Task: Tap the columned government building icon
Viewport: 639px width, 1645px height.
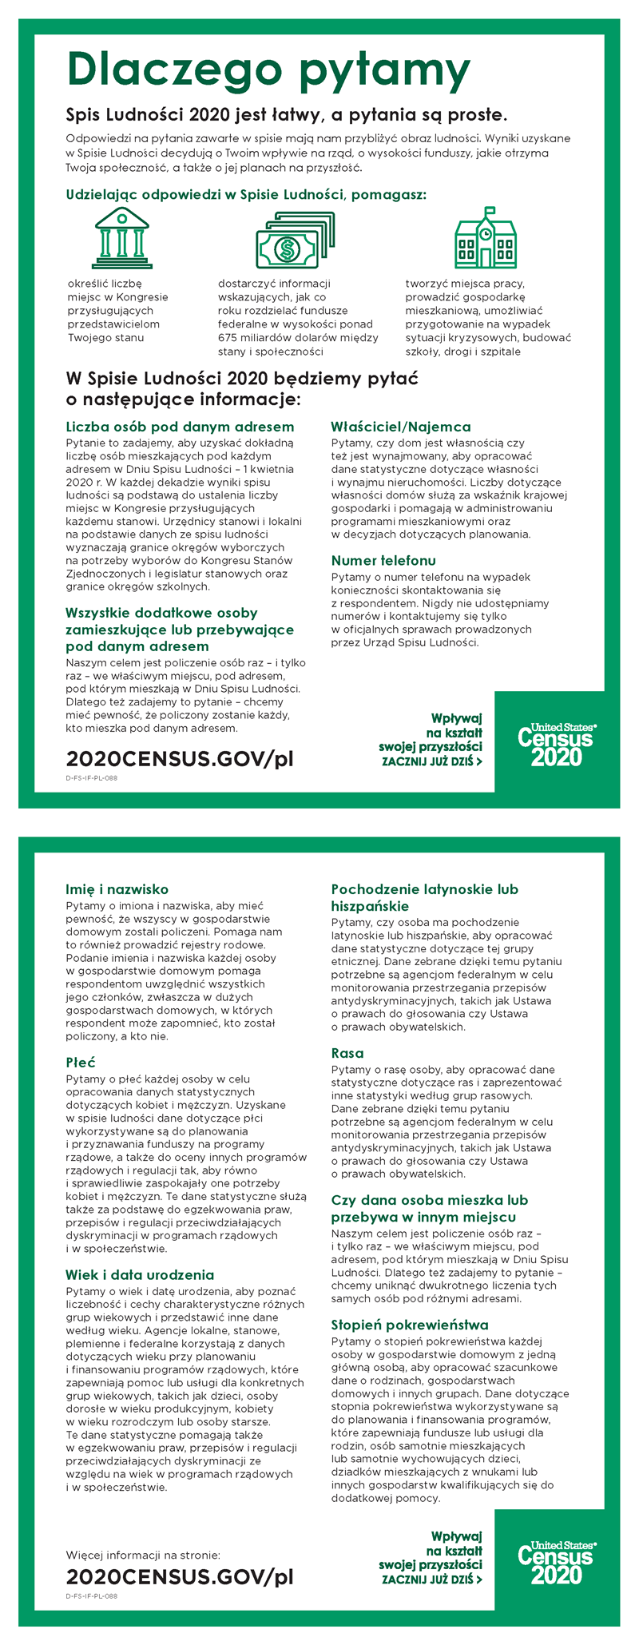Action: [122, 238]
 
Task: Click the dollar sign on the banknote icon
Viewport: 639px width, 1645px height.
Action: [285, 249]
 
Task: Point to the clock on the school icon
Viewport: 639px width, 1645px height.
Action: [485, 233]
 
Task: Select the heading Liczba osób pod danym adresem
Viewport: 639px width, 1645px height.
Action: [180, 427]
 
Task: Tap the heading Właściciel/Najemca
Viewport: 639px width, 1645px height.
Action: [401, 427]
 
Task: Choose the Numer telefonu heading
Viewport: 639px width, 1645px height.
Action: [383, 560]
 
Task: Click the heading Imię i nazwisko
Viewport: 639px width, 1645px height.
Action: [117, 888]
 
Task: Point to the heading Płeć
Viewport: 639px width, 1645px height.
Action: [81, 1062]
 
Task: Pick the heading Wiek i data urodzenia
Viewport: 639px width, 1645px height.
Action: [140, 1274]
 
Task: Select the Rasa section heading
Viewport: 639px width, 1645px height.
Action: [347, 1053]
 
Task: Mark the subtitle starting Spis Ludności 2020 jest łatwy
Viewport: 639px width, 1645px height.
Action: [286, 113]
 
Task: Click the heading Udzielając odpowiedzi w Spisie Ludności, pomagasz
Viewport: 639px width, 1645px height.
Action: [246, 194]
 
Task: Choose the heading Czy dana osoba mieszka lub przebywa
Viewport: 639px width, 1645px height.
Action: [429, 1208]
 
